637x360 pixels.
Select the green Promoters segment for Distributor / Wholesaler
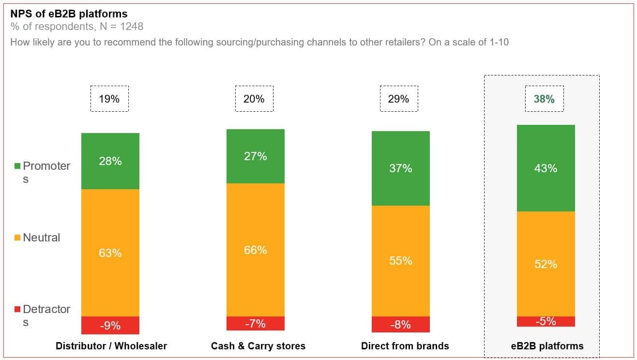[110, 161]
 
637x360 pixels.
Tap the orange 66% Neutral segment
[256, 250]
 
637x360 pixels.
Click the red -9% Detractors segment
[110, 325]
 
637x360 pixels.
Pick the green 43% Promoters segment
[546, 168]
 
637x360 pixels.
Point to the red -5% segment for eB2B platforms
[546, 322]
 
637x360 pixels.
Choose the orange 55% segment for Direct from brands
[401, 261]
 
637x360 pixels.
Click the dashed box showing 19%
[109, 99]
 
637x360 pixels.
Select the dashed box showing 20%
[254, 99]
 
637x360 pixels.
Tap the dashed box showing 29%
[399, 99]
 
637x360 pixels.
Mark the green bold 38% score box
[544, 99]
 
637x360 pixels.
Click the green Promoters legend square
[17, 166]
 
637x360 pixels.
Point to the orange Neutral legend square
[17, 238]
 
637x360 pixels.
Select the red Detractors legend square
[17, 309]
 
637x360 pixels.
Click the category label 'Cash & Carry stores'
[258, 346]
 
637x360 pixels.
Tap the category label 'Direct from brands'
[405, 346]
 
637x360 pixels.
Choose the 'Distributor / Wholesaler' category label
[111, 346]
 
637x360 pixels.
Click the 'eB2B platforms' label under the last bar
[547, 346]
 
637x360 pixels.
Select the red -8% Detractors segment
[401, 324]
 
